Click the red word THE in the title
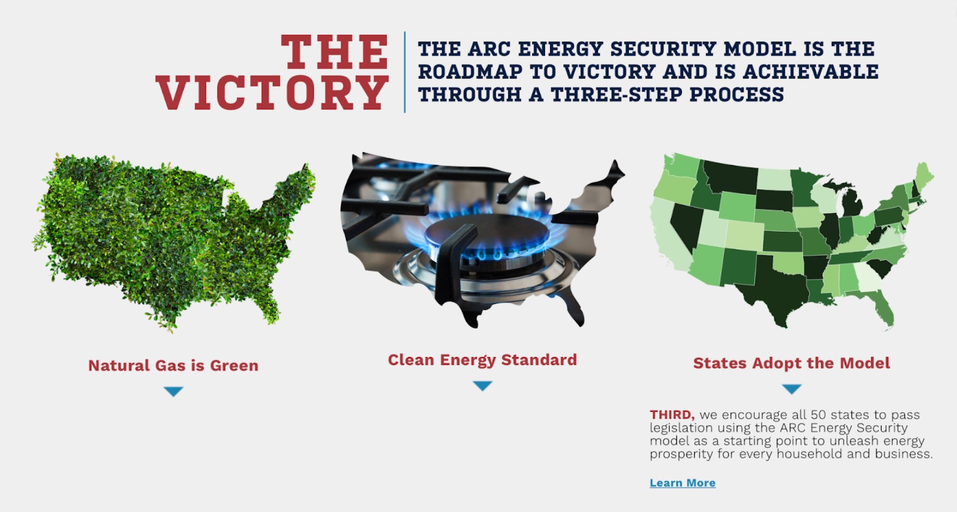[x=334, y=51]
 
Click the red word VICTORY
[x=272, y=92]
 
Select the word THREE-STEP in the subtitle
[x=617, y=95]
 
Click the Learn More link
[x=683, y=483]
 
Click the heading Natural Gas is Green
[x=173, y=366]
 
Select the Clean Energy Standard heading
[x=482, y=360]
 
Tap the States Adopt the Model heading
[x=791, y=363]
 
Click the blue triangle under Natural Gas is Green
[x=173, y=391]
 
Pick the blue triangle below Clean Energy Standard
[x=483, y=386]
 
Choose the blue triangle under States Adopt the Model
[x=792, y=388]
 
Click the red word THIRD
[x=672, y=415]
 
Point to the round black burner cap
[x=487, y=233]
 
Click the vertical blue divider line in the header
[x=404, y=72]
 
